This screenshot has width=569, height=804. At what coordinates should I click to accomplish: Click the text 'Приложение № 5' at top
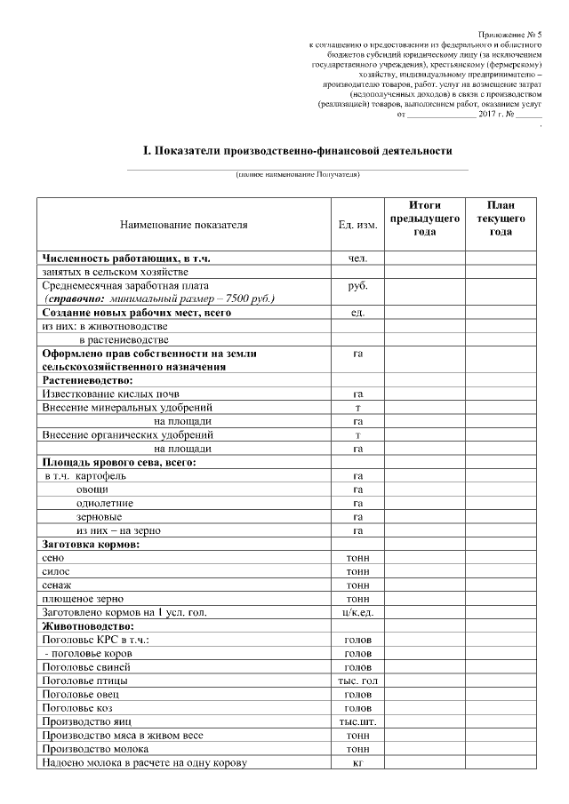click(515, 31)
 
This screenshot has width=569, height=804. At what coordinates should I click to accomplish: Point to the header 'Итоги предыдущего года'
click(425, 219)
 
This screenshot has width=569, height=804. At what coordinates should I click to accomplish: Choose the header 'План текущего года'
click(500, 219)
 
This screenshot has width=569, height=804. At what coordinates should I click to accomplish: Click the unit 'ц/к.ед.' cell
click(357, 613)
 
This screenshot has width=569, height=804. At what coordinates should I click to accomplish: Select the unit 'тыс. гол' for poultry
click(357, 681)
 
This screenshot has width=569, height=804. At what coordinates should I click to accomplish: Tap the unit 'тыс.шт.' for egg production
click(357, 721)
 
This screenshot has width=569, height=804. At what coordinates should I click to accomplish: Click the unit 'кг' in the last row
click(357, 762)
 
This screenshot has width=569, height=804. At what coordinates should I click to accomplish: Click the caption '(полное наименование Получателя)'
click(297, 174)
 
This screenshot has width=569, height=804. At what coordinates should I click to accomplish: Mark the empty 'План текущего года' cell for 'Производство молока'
click(500, 749)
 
